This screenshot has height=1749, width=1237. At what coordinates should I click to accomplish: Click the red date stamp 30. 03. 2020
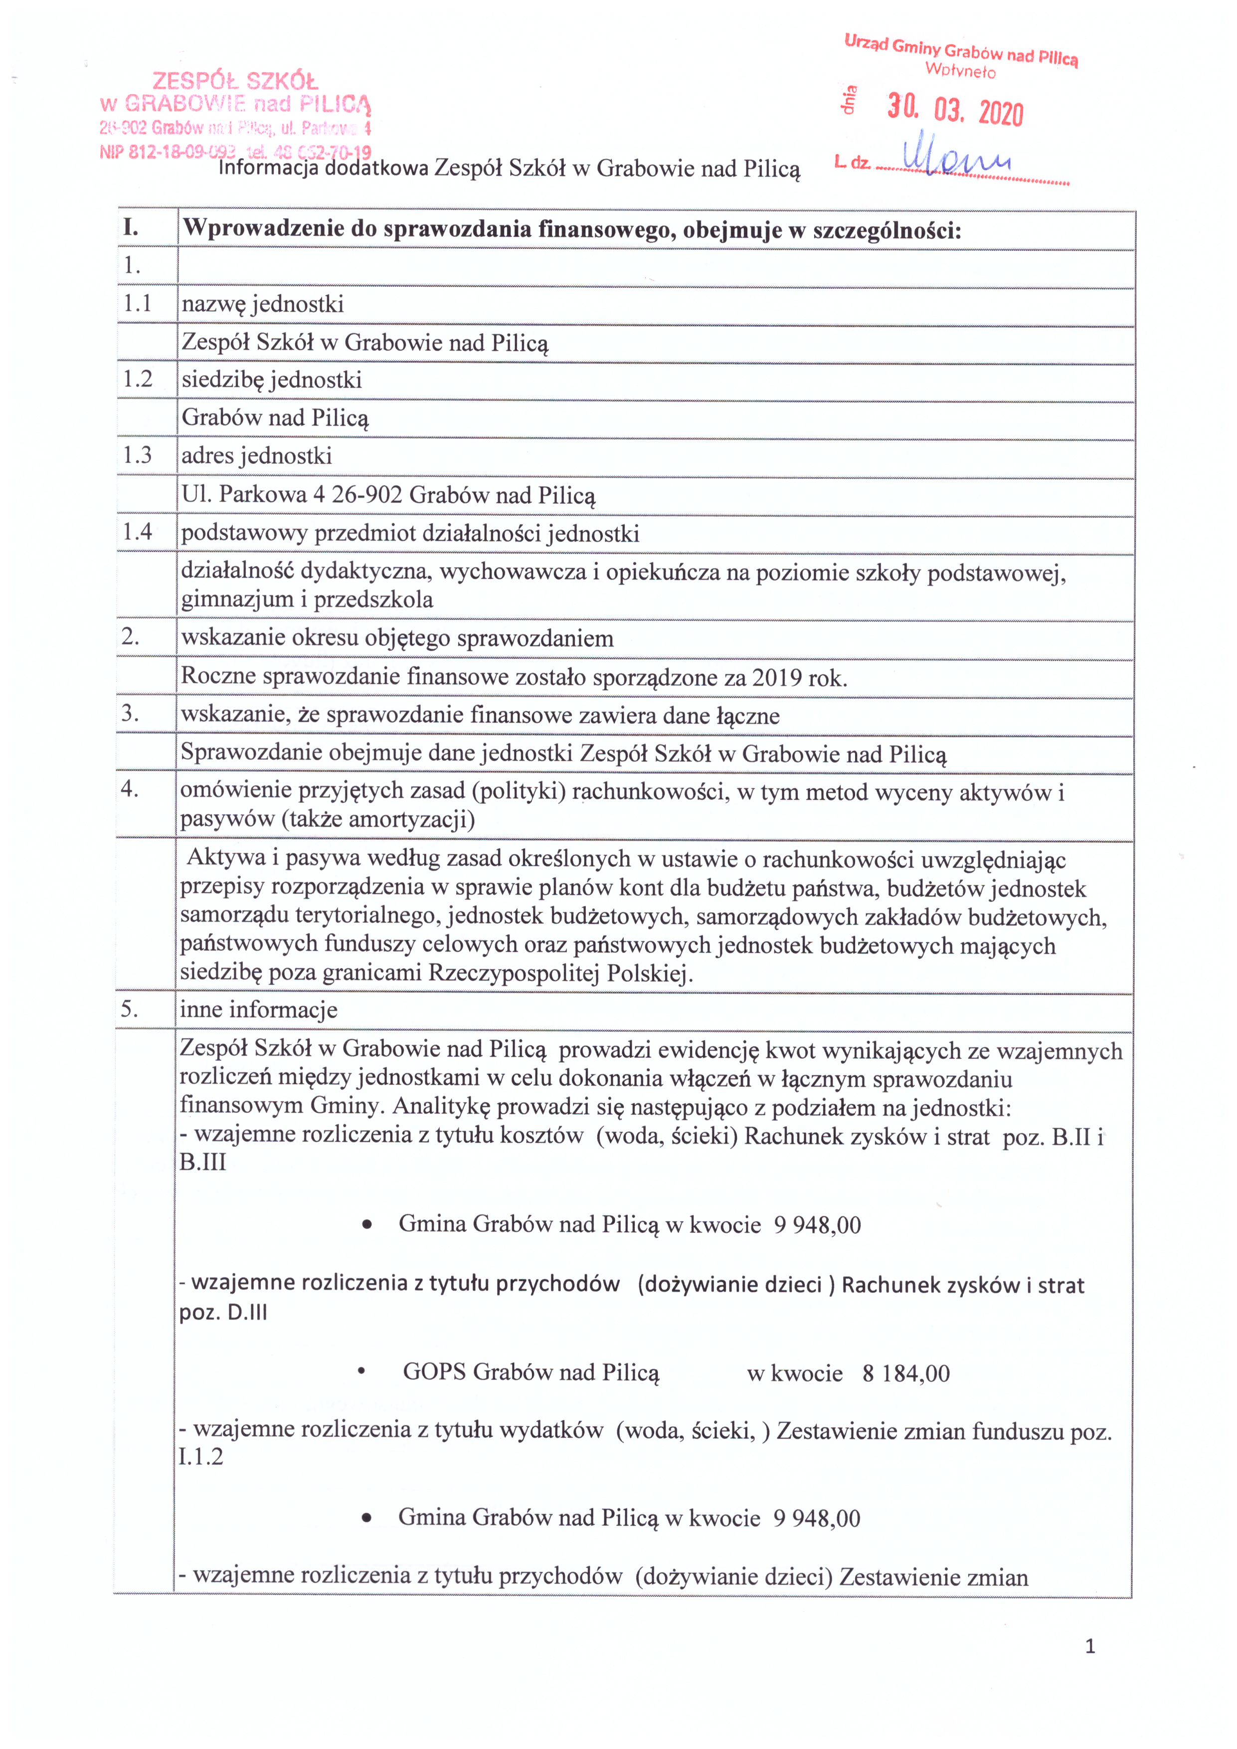(955, 111)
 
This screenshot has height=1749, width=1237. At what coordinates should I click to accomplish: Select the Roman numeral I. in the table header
(132, 228)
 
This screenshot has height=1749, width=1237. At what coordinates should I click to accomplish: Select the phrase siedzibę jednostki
(272, 380)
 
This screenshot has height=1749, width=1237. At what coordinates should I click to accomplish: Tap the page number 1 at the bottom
(1090, 1647)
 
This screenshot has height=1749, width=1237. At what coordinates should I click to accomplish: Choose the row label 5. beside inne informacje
(130, 1009)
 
